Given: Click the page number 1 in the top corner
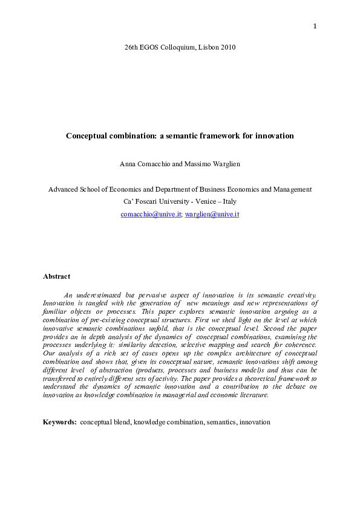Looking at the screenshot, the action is tap(315, 26).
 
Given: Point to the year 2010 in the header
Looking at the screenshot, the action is tap(227, 47).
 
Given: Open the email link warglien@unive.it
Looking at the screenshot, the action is tap(212, 214).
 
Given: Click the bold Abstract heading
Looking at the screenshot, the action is tap(56, 276).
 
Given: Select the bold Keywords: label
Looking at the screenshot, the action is tap(60, 421).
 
